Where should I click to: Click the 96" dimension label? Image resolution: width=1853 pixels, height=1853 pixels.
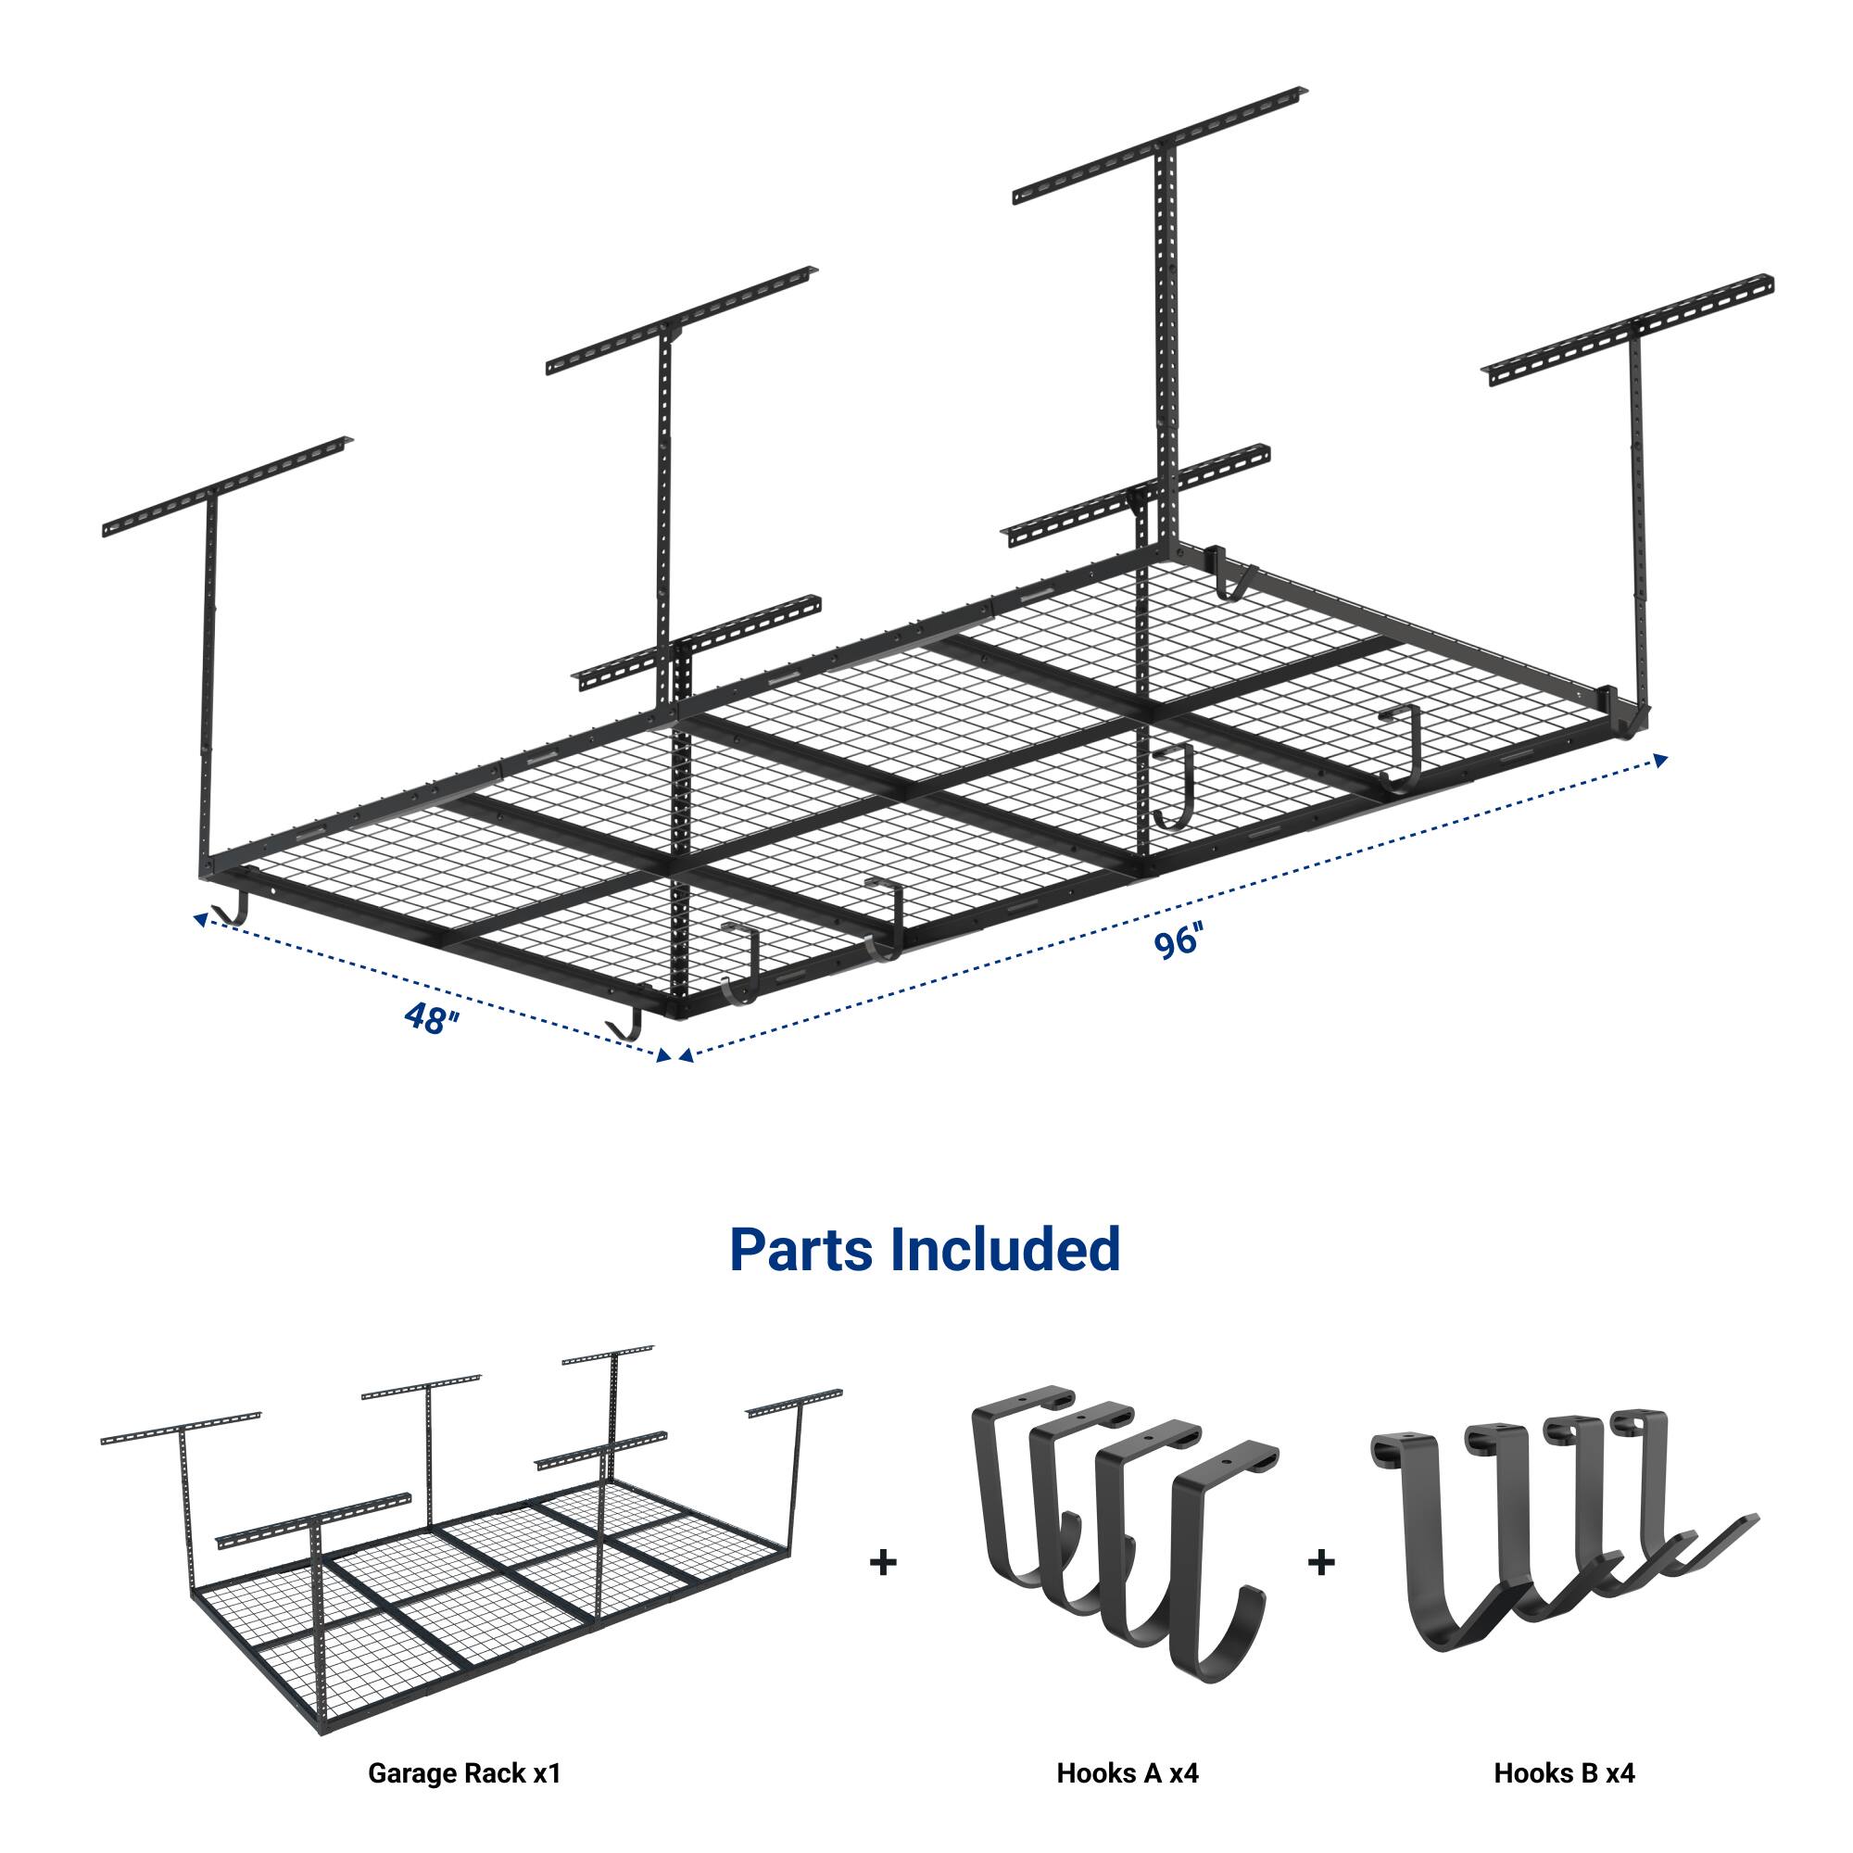point(1177,942)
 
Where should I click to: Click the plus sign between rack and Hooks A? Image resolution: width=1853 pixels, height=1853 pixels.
point(882,1562)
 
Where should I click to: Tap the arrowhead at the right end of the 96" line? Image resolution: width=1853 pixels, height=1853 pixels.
point(1660,759)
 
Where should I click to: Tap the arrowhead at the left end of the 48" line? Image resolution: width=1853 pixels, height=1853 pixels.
point(199,919)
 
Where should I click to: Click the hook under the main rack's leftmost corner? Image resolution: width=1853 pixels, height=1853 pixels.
point(233,911)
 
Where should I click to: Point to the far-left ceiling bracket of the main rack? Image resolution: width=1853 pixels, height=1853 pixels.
point(225,487)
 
